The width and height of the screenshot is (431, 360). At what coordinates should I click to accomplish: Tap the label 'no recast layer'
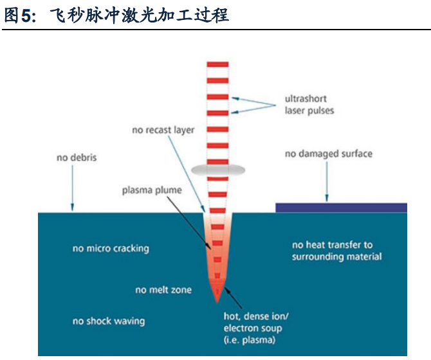click(x=163, y=130)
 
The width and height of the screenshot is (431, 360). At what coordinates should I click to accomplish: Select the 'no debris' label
click(x=77, y=157)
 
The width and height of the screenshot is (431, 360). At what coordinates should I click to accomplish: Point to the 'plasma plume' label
click(x=152, y=190)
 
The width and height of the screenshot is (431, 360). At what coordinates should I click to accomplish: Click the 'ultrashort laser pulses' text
click(x=309, y=105)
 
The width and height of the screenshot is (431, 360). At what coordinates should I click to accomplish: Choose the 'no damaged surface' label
click(x=328, y=154)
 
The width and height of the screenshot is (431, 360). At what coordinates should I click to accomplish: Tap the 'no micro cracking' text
click(x=110, y=248)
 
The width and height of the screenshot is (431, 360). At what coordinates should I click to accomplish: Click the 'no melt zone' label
click(x=163, y=290)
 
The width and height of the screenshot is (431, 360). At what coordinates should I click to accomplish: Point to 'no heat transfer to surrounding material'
click(x=336, y=251)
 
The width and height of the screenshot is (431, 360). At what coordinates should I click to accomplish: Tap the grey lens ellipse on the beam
click(x=218, y=170)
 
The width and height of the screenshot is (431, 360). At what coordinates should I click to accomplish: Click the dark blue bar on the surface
click(x=341, y=207)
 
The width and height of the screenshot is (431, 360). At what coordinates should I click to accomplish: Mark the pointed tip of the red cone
click(x=217, y=301)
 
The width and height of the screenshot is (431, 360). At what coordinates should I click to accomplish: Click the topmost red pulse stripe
click(x=218, y=64)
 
